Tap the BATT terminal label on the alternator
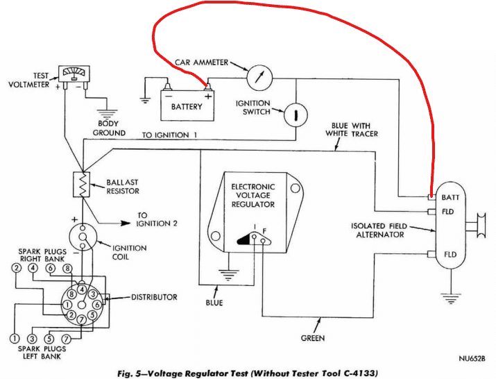pos(451,198)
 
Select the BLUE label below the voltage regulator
pos(216,303)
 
